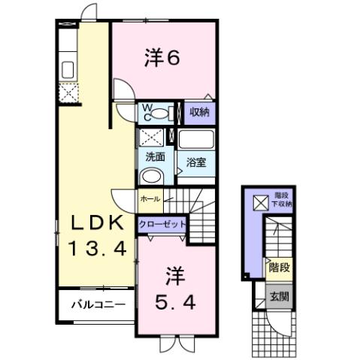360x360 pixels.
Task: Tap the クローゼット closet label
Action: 162,224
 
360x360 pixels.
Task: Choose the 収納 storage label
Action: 199,113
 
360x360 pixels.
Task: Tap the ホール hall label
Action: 149,199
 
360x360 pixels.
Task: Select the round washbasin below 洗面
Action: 152,177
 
